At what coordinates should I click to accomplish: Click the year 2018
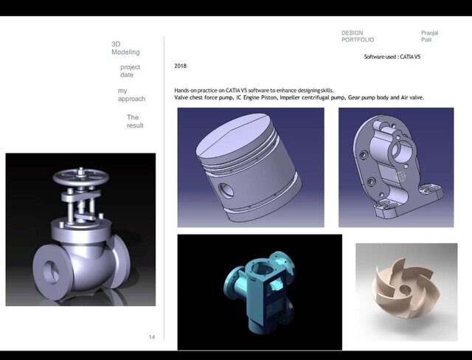(x=180, y=66)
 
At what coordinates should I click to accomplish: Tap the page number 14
(x=152, y=337)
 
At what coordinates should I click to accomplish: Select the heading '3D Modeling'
(x=125, y=49)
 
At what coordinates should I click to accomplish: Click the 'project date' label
(x=129, y=71)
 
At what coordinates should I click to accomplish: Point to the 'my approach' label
(x=131, y=94)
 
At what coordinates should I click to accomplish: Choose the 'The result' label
(x=134, y=121)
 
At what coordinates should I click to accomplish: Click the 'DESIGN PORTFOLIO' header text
(x=358, y=36)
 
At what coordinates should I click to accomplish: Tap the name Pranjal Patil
(x=429, y=36)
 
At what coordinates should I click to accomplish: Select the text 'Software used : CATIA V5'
(x=392, y=57)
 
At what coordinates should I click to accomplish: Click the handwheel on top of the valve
(x=80, y=179)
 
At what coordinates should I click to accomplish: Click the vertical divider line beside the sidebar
(x=164, y=184)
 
